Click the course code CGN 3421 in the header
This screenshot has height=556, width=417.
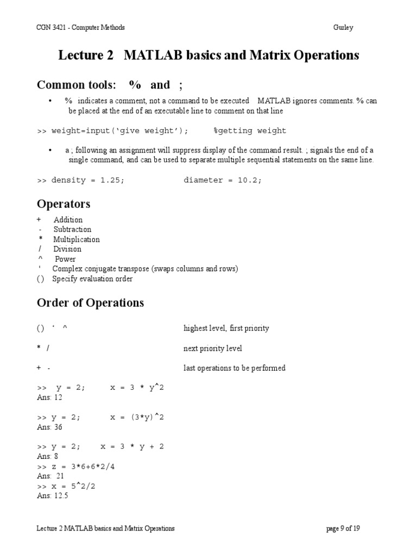[x=51, y=28]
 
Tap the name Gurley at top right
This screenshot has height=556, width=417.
[x=343, y=28]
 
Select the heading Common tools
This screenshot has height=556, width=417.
[x=76, y=85]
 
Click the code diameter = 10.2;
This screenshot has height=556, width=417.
[x=223, y=180]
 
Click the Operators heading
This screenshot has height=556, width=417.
[x=64, y=204]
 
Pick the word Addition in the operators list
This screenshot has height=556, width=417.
[x=68, y=220]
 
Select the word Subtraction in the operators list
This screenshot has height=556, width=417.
[x=72, y=230]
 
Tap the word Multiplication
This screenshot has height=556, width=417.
[x=76, y=239]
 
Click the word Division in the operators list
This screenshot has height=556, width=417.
[x=67, y=249]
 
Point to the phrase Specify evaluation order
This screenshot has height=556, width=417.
[x=92, y=279]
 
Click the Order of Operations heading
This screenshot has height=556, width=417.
[x=90, y=303]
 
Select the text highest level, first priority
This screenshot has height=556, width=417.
[x=226, y=328]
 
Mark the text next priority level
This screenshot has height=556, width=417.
[x=213, y=348]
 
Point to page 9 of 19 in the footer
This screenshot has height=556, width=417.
[x=343, y=528]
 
